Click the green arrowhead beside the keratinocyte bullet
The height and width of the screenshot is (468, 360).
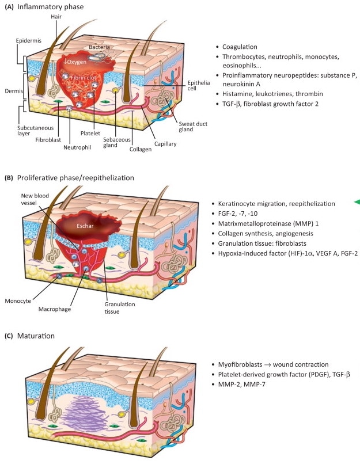pos(357,201)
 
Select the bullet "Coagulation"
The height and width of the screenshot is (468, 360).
pos(241,47)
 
